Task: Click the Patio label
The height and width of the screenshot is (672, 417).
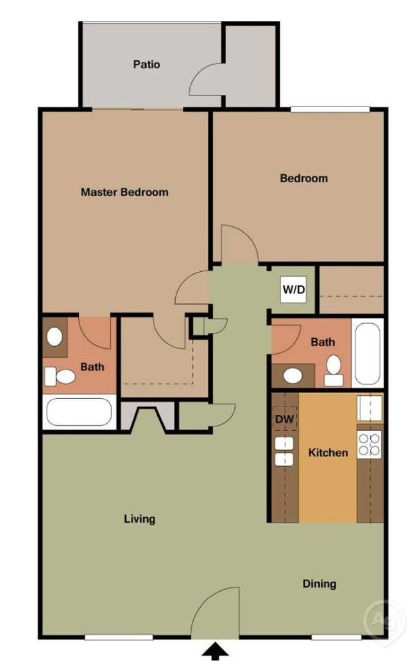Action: pyautogui.click(x=146, y=64)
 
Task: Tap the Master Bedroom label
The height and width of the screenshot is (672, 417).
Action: pyautogui.click(x=124, y=192)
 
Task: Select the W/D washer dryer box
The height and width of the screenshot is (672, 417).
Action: pyautogui.click(x=294, y=289)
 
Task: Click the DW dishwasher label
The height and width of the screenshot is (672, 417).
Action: pyautogui.click(x=284, y=419)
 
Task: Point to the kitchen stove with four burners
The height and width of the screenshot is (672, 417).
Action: pyautogui.click(x=370, y=444)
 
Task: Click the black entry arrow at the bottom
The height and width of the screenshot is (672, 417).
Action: pyautogui.click(x=216, y=652)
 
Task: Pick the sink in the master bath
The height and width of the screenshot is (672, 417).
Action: pyautogui.click(x=55, y=336)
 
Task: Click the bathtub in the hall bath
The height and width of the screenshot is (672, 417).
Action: pyautogui.click(x=368, y=353)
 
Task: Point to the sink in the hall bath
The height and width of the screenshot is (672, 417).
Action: pyautogui.click(x=294, y=374)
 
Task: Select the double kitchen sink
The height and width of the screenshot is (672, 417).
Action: pyautogui.click(x=284, y=451)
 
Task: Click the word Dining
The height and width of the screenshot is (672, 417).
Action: pyautogui.click(x=319, y=584)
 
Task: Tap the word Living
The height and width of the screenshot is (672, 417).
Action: pyautogui.click(x=139, y=519)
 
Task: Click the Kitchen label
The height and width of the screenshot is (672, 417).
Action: pyautogui.click(x=328, y=453)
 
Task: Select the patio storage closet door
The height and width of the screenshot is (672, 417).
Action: pyautogui.click(x=205, y=83)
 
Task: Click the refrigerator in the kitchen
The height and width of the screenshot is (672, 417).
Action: pyautogui.click(x=370, y=408)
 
